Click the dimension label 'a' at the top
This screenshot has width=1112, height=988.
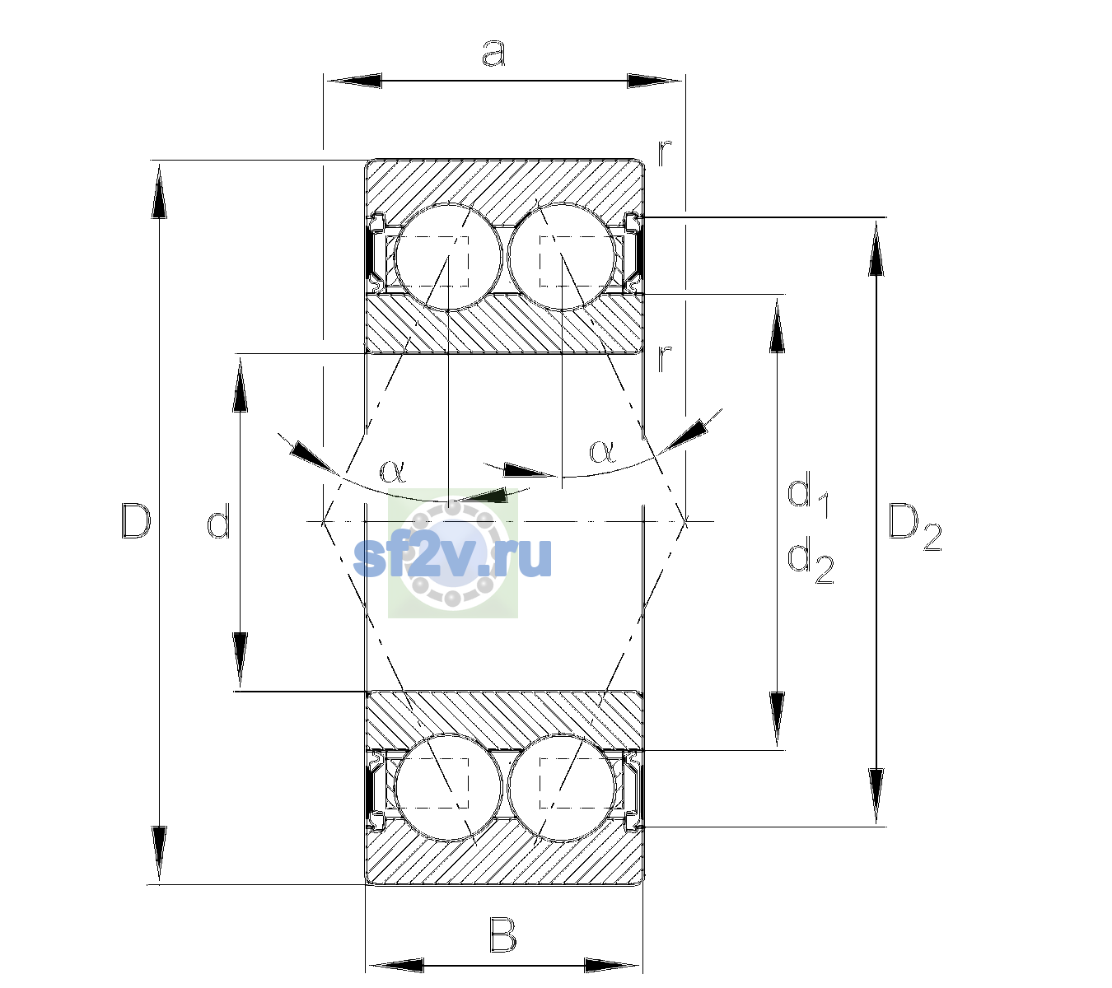tap(493, 54)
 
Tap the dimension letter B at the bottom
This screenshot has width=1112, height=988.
tap(502, 935)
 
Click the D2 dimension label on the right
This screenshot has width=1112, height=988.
tap(914, 528)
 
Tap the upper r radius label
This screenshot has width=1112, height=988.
tap(665, 153)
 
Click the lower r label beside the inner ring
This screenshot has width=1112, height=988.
tap(665, 359)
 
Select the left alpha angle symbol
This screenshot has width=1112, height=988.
tap(392, 471)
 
